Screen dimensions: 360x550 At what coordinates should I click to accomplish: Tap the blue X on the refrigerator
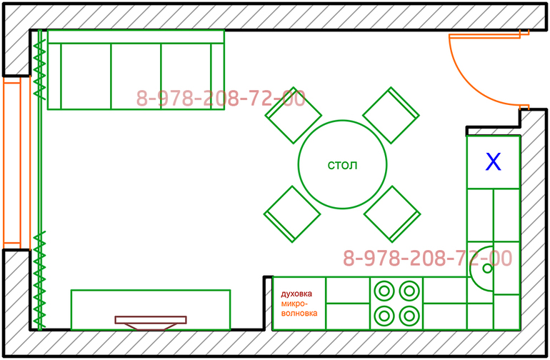(x=493, y=162)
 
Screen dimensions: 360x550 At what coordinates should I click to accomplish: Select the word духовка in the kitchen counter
(x=296, y=294)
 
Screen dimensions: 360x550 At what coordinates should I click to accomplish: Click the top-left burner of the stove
(x=384, y=291)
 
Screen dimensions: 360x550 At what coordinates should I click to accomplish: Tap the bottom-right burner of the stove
(x=408, y=314)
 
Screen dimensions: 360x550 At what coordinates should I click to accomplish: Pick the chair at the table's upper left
(x=292, y=114)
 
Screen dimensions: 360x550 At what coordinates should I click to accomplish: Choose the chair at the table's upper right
(x=391, y=114)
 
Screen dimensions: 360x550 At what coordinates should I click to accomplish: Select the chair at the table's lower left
(x=292, y=213)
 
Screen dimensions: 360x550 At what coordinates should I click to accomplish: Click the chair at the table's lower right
(x=391, y=213)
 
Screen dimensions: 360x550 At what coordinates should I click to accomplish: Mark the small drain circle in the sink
(x=487, y=269)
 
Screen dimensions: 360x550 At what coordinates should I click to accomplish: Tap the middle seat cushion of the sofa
(x=136, y=76)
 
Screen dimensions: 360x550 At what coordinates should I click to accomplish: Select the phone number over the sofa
(x=221, y=99)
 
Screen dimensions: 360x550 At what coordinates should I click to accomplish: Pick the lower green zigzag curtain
(x=41, y=279)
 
